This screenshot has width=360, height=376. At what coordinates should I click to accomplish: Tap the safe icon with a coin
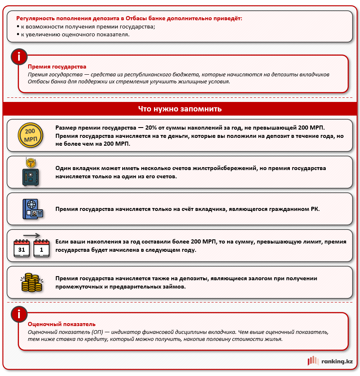click(x=30, y=173)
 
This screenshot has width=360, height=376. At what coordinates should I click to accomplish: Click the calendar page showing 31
click(x=21, y=249)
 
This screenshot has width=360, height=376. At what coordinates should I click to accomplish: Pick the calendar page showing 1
click(x=41, y=249)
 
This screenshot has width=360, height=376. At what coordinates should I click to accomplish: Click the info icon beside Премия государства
click(x=19, y=57)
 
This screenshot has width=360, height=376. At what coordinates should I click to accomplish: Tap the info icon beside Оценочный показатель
click(x=19, y=315)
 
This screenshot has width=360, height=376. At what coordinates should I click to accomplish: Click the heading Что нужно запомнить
click(x=180, y=109)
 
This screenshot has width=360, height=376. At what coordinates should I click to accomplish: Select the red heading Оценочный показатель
click(x=62, y=324)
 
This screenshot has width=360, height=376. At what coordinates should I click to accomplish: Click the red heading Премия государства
click(x=57, y=66)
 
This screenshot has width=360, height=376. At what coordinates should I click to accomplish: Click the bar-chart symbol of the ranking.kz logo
click(x=313, y=361)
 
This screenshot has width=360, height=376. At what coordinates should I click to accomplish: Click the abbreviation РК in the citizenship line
click(x=315, y=209)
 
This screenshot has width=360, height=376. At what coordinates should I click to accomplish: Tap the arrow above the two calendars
click(x=31, y=235)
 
